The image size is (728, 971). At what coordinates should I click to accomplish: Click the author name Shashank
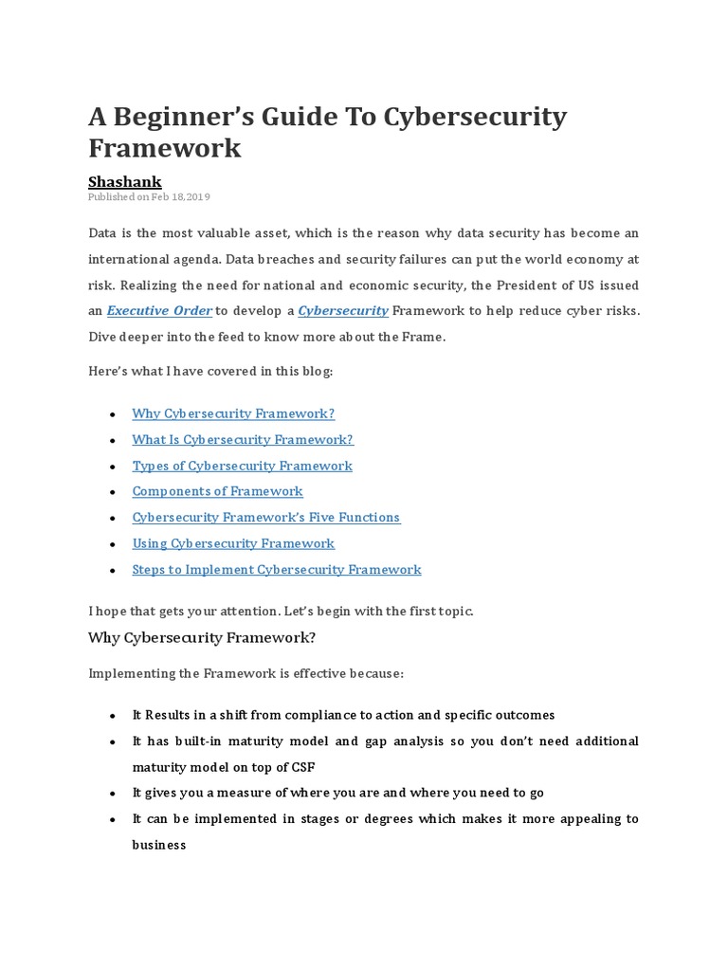pos(125,180)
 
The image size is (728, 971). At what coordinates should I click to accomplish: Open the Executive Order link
pos(159,310)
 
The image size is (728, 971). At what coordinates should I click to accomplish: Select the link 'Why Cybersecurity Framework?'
pos(233,413)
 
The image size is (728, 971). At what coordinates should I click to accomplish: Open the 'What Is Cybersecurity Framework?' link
pos(243,439)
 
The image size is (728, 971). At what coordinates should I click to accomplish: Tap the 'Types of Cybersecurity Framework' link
pos(242,466)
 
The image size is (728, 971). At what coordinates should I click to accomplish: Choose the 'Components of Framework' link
pos(217,491)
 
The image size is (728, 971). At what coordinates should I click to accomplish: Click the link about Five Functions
pos(266,518)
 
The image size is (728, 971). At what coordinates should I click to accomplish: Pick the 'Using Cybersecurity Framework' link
pos(233,543)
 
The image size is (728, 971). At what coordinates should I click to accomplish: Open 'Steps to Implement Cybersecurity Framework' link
pos(277,570)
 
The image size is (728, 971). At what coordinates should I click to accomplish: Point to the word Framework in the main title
pos(165,148)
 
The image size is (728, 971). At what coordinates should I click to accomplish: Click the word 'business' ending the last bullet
pos(159,844)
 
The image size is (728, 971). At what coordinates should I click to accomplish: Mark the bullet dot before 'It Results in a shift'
pos(113,716)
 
